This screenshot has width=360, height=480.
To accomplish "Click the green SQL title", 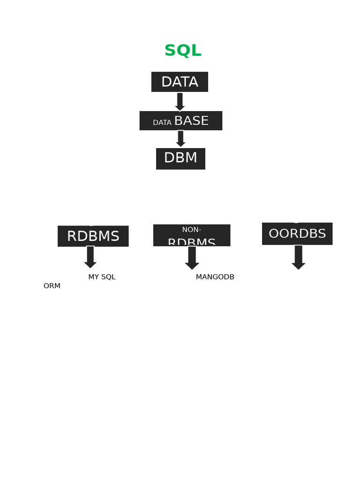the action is point(183,51).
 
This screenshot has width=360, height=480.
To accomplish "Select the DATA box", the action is point(180,82).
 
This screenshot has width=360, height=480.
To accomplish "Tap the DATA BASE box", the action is point(180,121).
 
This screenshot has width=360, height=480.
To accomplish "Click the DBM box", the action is point(180,158).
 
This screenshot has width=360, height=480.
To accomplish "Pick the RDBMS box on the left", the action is point(93,236).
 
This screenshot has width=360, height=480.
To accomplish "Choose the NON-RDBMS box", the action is point(192,235).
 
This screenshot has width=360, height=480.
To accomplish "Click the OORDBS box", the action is point(297,234).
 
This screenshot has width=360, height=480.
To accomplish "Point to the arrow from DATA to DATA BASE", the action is point(180,102).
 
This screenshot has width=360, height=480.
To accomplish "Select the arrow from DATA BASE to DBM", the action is point(180,139).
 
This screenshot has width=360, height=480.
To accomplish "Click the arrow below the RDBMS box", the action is point(90,257).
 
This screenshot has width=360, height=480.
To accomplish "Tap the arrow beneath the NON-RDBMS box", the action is point(192,258).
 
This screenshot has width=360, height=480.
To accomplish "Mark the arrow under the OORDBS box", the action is point(299,257).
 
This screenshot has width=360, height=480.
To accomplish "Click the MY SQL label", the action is point(102,277).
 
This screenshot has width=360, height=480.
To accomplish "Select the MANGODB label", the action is point(215,277).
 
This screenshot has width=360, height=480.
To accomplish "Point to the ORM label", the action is point(52,286).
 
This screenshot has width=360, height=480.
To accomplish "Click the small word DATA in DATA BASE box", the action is point(162,123).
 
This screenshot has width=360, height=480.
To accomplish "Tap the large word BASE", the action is point(191,121).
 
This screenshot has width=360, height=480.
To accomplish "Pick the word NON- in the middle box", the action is point(192,230).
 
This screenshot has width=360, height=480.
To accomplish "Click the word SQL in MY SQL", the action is point(108,277).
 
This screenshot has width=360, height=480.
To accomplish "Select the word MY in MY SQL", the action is point(93,277).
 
